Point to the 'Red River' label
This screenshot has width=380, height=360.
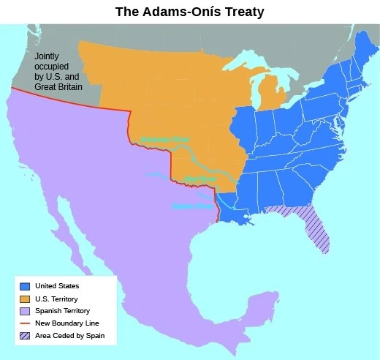point(199,178)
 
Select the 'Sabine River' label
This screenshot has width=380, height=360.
point(191,206)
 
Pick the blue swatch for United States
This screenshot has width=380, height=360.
point(26,286)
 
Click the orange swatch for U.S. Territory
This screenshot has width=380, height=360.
point(26,299)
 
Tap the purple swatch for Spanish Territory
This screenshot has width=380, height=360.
point(26,311)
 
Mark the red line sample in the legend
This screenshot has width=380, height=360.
point(26,323)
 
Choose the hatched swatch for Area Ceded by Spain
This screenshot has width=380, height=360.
point(26,336)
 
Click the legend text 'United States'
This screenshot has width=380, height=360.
point(62,286)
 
